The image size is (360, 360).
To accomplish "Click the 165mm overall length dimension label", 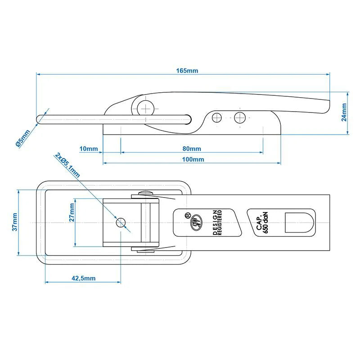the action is (187, 71).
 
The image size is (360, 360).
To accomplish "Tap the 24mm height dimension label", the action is (344, 112).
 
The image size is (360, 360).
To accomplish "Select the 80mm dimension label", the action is (192, 149).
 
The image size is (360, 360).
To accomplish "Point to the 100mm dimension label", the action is (193, 159).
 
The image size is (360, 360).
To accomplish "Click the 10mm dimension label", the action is (89, 149).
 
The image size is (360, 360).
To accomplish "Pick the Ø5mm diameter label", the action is (23, 139).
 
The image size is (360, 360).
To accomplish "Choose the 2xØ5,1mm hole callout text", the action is (67, 165).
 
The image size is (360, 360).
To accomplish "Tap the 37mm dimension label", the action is (14, 222).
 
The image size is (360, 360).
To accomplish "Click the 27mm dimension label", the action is (72, 212).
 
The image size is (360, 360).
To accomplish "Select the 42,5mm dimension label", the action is (84, 278).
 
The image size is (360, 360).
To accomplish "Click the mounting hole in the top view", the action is (121, 222).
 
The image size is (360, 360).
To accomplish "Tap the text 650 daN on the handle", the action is (265, 222).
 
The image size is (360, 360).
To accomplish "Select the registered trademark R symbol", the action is (188, 215).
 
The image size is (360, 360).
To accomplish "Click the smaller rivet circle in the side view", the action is (217, 118).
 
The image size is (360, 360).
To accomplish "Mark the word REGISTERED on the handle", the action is (220, 222).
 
